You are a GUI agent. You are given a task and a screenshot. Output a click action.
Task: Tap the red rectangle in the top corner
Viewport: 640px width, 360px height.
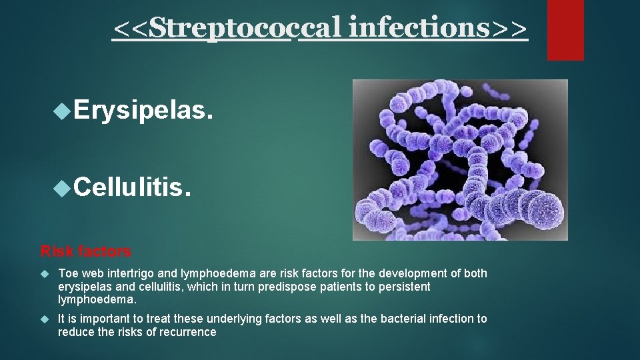[x=565, y=30]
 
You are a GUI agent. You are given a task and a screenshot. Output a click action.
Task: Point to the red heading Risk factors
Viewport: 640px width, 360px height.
[x=86, y=251]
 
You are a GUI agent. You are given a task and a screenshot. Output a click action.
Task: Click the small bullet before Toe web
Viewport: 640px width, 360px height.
[x=45, y=273]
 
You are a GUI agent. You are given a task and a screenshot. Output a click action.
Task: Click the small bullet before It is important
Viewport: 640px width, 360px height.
[x=45, y=319]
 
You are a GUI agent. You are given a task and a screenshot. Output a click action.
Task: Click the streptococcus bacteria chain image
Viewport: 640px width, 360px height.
[x=460, y=160]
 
